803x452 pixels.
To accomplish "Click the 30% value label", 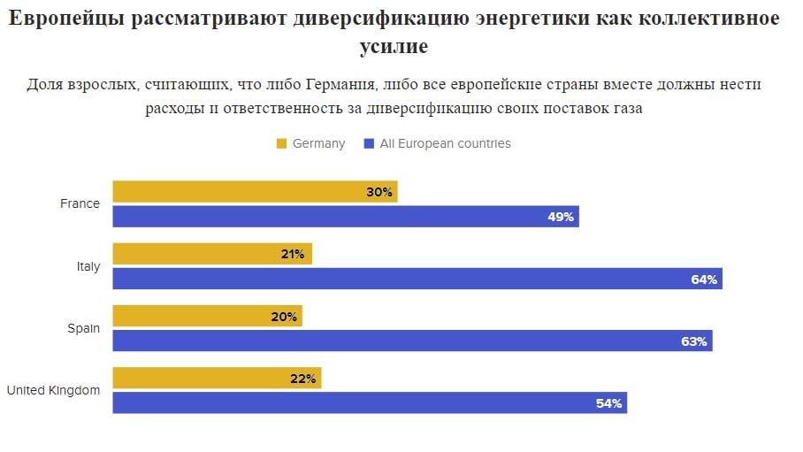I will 379,192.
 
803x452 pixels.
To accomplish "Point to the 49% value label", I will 561,217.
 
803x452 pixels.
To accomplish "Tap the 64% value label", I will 704,280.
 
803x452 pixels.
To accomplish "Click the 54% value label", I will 609,403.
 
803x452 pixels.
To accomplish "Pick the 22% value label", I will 303,379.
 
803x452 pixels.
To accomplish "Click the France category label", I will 80,203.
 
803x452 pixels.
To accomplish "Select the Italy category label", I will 88,266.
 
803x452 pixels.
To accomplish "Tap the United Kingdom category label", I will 53,390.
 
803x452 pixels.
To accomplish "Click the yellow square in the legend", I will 282,143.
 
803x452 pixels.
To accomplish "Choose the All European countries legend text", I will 445,143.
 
